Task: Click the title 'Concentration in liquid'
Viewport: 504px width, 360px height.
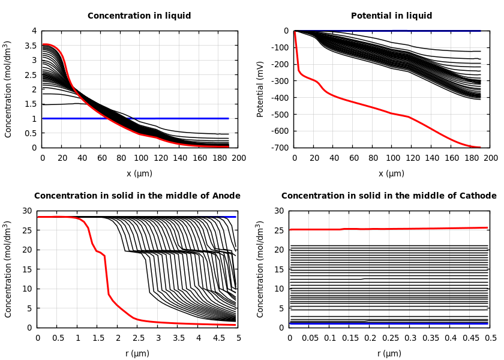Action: coord(139,16)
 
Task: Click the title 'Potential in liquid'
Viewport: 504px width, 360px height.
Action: coord(391,16)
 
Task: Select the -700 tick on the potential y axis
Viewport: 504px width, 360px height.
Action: coord(280,148)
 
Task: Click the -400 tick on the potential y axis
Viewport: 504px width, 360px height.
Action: coord(280,98)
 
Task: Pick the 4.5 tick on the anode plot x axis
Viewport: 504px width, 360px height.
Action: coord(218,338)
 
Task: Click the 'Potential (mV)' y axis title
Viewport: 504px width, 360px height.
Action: coord(260,89)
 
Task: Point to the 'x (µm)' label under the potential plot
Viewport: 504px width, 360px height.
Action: coord(391,174)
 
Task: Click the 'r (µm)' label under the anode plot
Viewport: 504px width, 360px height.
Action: coord(137,354)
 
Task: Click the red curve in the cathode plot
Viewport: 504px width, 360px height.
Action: coord(390,229)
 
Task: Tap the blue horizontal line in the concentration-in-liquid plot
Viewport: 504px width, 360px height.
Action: coord(180,118)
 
